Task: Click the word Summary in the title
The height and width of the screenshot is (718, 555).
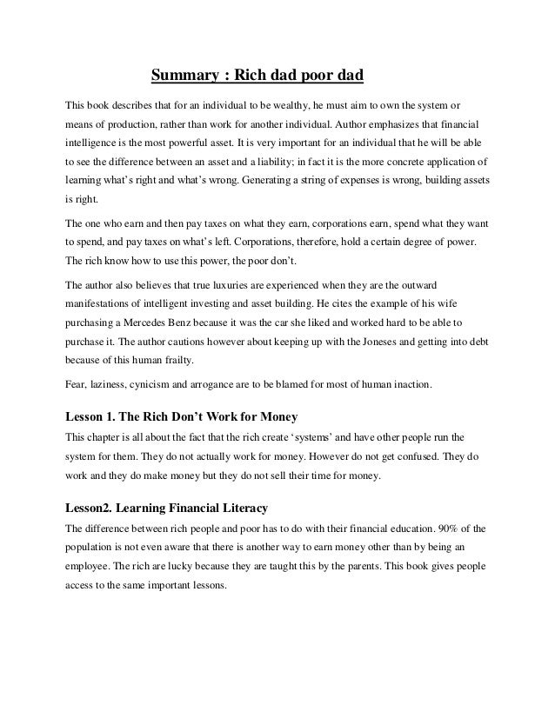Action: pyautogui.click(x=185, y=75)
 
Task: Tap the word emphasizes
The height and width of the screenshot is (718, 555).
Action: pyautogui.click(x=398, y=123)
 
